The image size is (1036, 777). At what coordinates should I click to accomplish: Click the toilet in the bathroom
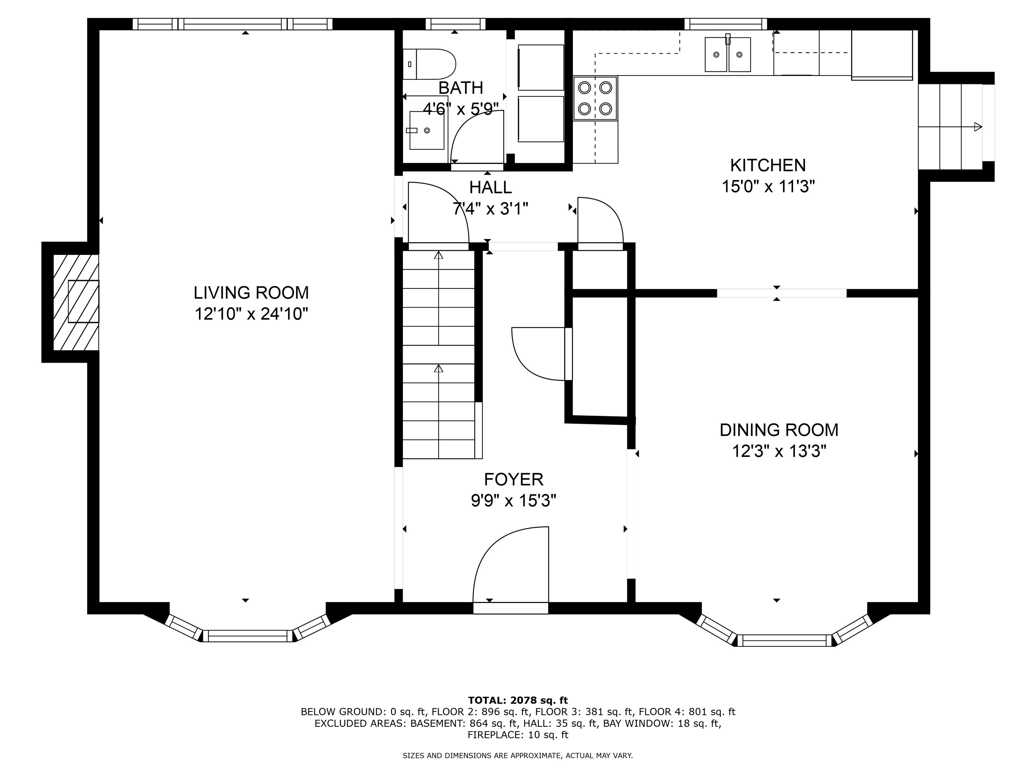pos(429,64)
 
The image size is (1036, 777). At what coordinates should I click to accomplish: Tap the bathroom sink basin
pos(427,130)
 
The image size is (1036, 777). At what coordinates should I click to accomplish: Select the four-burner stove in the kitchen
pos(595,98)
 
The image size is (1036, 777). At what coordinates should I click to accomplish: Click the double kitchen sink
pos(728,55)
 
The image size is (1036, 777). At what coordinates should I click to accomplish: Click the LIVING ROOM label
pos(251,293)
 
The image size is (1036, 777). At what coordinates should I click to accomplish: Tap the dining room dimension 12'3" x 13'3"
pos(779,452)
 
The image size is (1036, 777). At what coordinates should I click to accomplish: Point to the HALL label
pos(490,188)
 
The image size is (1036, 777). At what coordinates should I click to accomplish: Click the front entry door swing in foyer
pos(511,564)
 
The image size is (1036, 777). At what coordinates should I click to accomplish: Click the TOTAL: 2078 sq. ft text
pos(518,700)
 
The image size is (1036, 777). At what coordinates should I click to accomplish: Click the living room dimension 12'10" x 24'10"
pos(251,314)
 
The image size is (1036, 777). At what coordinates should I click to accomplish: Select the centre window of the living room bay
pos(247,636)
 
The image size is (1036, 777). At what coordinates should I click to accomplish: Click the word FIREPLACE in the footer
pos(494,735)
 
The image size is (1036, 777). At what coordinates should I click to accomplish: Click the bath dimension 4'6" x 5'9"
pos(460,109)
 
